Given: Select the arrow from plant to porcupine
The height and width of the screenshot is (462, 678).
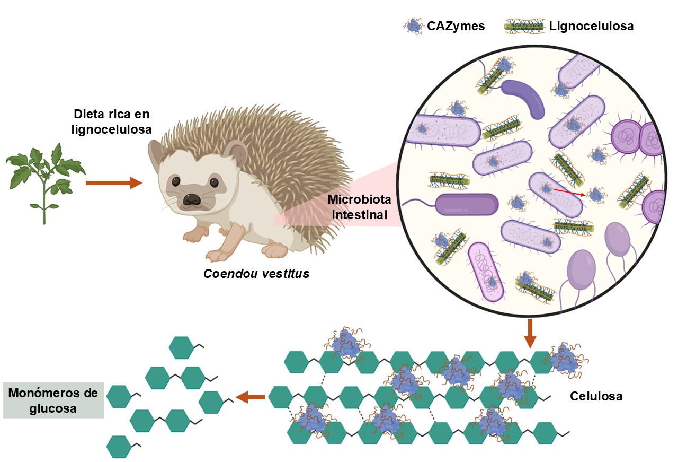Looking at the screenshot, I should pos(113,183).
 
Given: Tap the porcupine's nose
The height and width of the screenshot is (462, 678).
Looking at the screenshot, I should pos(191,199).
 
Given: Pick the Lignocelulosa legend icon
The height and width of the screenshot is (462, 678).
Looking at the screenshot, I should pos(524,25).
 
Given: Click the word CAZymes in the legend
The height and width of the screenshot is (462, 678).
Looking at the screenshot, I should pos(456,26).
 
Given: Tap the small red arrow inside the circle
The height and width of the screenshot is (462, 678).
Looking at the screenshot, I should pos(569,192).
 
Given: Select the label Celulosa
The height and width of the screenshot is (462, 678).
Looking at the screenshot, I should pos(596,396).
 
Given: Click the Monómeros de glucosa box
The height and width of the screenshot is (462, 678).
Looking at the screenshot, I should pos(53,401).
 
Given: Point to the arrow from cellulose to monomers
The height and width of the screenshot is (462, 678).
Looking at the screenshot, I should pos(250,396).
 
